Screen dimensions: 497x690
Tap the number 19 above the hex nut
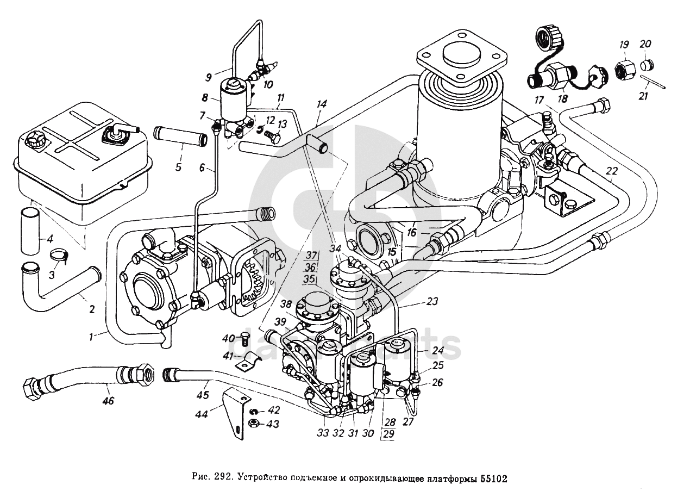624,44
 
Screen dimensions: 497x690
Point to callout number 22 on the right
612,171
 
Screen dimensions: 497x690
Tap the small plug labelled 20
646,66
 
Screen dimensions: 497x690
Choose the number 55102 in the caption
493,479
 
